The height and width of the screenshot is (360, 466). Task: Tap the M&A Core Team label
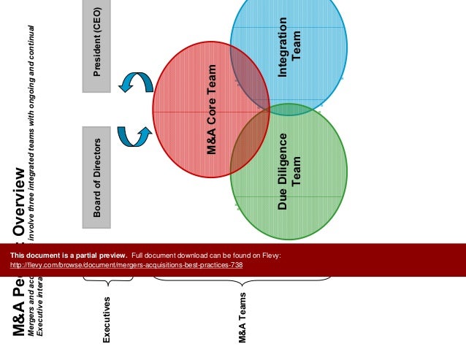(x=212, y=110)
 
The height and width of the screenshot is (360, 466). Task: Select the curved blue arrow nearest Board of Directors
(x=133, y=135)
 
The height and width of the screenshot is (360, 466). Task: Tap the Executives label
(x=107, y=319)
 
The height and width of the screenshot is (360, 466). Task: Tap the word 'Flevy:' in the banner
(x=271, y=255)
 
